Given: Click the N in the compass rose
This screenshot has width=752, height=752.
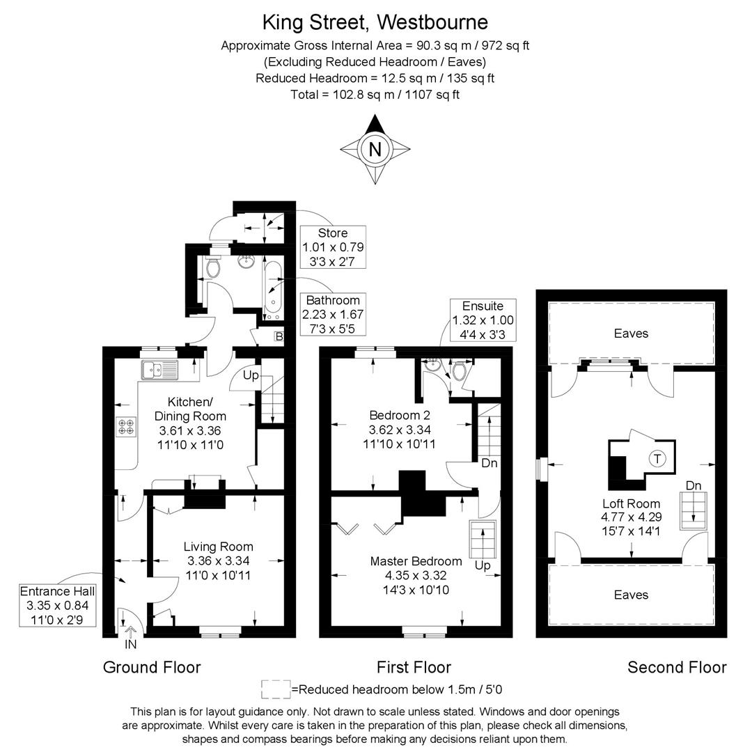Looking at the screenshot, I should (x=375, y=149).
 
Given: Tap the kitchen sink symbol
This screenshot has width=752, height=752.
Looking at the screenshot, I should (x=160, y=370).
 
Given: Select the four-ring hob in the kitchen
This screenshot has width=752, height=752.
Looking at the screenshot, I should (x=127, y=425).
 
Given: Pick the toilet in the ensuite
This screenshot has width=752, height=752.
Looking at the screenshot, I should (x=459, y=372).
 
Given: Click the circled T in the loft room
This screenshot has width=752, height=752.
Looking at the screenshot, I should (x=656, y=458).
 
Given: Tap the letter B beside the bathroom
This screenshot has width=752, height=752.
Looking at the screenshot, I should (x=279, y=337).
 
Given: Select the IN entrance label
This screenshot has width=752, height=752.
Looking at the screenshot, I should (x=131, y=645).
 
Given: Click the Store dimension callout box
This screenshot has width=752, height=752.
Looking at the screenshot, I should (x=333, y=247).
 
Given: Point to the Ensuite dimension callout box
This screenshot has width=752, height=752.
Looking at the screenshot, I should (x=483, y=320).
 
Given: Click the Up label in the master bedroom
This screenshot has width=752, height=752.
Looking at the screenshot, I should (x=482, y=565).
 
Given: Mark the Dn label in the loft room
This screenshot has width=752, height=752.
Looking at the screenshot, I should (x=694, y=485).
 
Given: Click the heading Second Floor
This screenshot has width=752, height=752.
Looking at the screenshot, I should (x=677, y=667).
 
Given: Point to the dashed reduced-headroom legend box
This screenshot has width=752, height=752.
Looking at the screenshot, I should (x=276, y=689).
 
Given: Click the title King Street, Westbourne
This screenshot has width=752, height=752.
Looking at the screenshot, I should (x=375, y=22).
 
